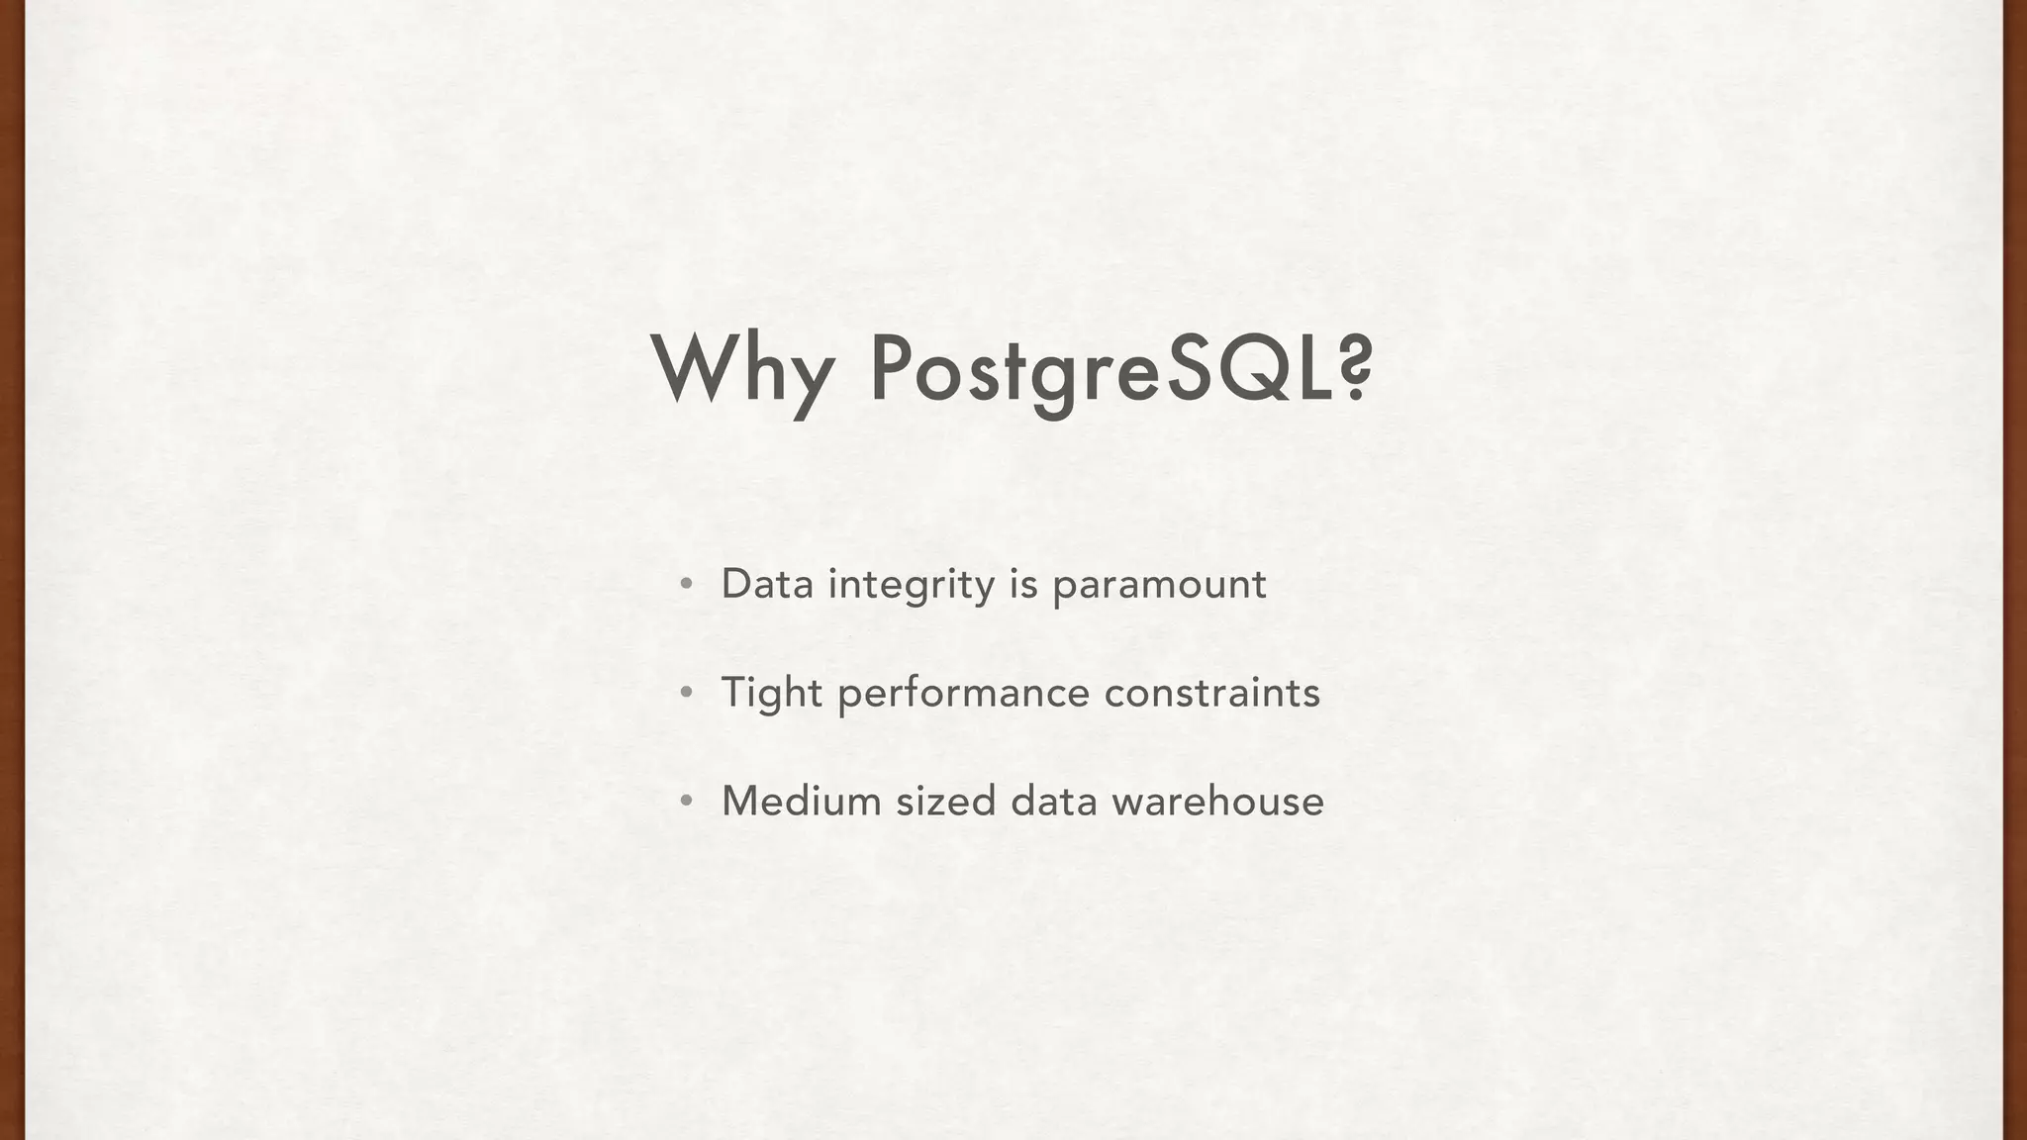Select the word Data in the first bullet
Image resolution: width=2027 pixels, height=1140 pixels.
767,584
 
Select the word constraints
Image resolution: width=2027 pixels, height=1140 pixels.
1211,693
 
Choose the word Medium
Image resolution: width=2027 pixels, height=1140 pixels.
802,801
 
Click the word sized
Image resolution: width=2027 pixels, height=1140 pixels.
945,801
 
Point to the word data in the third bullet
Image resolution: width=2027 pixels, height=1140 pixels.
1054,801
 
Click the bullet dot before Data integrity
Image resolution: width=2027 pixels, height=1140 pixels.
686,584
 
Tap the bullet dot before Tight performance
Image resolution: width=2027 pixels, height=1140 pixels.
686,693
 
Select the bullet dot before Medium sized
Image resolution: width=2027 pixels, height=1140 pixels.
686,801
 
